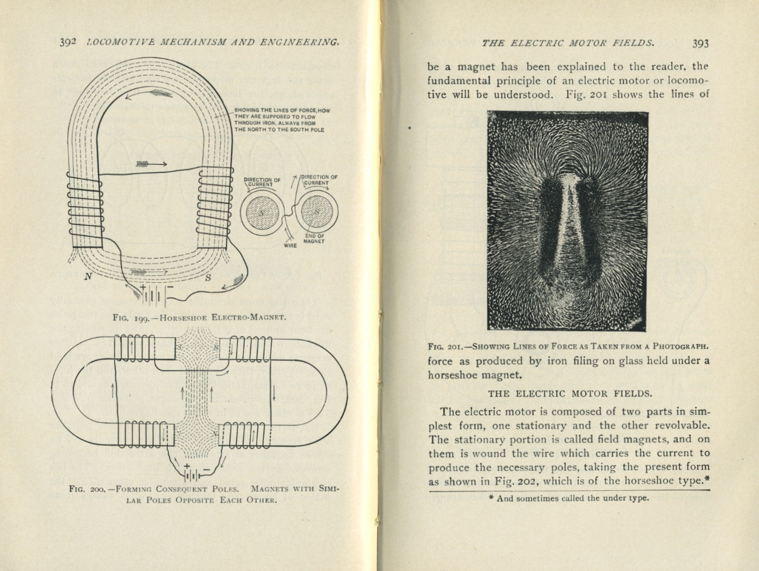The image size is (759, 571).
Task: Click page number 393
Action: [701, 44]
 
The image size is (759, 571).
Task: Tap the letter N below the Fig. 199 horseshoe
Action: [88, 277]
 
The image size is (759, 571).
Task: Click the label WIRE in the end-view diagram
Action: [290, 246]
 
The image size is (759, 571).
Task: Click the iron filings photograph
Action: [567, 220]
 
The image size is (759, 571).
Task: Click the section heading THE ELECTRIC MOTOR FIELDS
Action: [570, 393]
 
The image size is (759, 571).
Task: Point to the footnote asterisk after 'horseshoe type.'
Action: [707, 479]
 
